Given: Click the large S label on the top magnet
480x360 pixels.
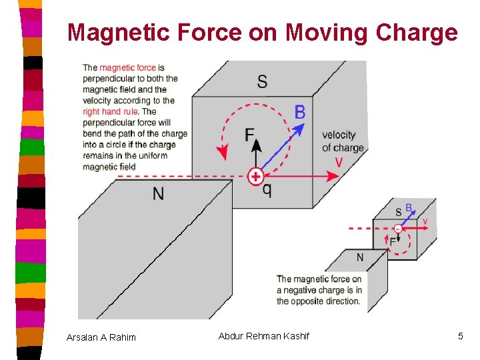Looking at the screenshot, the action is click(262, 81).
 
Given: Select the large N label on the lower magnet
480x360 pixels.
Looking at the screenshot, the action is click(158, 194).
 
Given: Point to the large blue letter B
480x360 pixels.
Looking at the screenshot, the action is click(300, 112).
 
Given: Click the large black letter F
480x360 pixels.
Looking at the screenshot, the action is click(250, 135).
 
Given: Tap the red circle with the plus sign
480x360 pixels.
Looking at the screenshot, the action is click(255, 177).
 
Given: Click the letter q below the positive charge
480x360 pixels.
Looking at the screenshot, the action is click(267, 190).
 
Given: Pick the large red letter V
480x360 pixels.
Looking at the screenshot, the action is click(339, 163).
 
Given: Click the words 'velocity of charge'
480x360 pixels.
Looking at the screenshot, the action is click(343, 141).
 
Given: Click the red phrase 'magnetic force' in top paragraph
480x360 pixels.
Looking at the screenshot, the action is click(127, 68).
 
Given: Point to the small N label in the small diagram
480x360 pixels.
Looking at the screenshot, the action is click(360, 257).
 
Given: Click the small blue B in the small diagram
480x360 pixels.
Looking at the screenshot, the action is click(409, 208).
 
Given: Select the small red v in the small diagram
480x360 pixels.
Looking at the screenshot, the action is click(425, 221).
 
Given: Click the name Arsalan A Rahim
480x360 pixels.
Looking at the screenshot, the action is click(101, 337).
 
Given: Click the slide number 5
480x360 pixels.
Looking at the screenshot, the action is click(460, 336).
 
